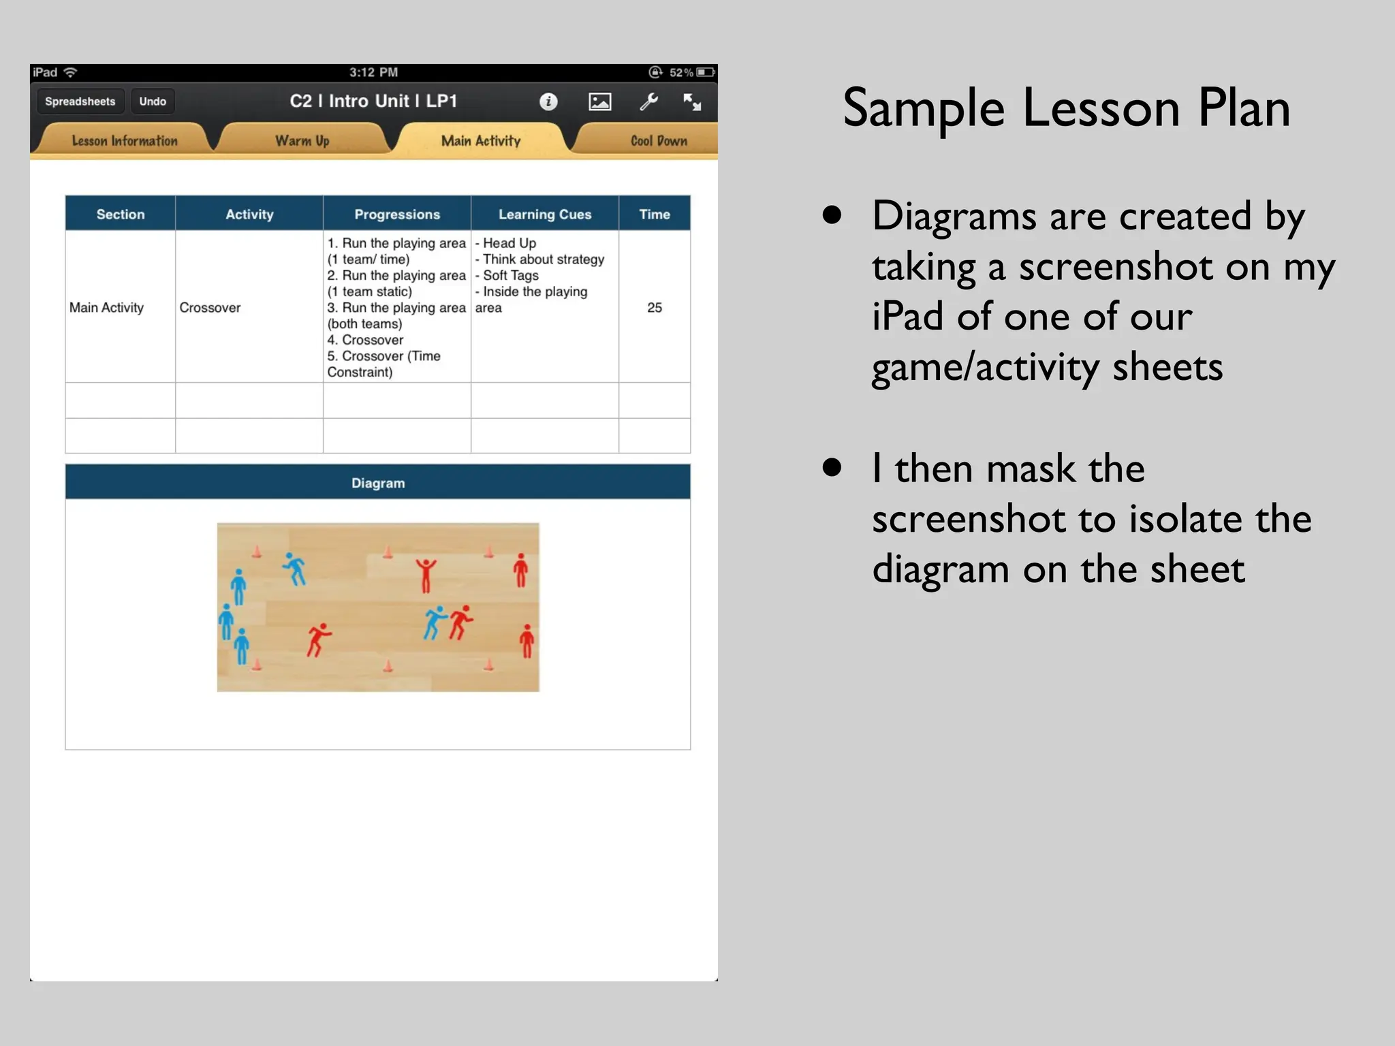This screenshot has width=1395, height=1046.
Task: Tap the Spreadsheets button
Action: tap(80, 101)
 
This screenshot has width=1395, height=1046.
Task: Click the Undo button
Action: tap(153, 101)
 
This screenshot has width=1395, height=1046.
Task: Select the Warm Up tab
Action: tap(302, 141)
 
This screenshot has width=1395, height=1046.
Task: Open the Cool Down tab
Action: tap(658, 141)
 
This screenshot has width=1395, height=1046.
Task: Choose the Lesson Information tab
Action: tap(125, 141)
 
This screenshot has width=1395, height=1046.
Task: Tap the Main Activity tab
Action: tap(480, 141)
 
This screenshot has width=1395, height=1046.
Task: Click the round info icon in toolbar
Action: tap(548, 101)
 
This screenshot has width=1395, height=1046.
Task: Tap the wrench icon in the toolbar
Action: tap(648, 101)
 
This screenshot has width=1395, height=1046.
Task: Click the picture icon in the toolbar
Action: tap(599, 101)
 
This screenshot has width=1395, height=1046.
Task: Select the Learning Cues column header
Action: tap(545, 214)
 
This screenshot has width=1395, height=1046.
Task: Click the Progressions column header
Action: tap(397, 214)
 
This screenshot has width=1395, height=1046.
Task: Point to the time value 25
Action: tap(654, 307)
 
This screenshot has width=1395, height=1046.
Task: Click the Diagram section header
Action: tap(378, 483)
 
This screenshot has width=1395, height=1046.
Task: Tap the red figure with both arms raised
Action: tap(426, 575)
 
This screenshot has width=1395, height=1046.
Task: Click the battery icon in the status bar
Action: tap(706, 72)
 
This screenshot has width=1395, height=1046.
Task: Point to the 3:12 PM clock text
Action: tap(373, 72)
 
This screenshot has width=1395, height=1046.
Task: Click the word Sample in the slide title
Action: tap(923, 109)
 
